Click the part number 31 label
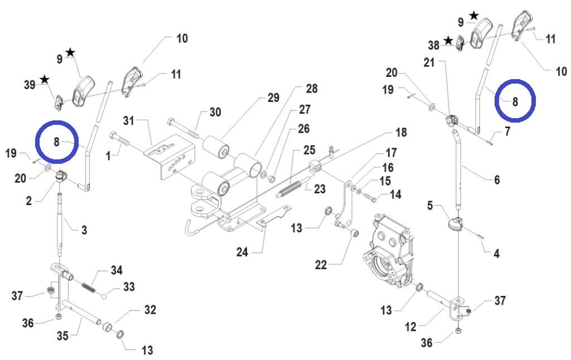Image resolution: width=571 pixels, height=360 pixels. tap(129, 120)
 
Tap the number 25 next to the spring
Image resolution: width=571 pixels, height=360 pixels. tap(309, 150)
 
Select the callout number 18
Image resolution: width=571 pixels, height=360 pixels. tap(400, 133)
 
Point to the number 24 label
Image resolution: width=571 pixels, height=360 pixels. tap(241, 252)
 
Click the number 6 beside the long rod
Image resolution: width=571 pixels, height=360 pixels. tap(496, 179)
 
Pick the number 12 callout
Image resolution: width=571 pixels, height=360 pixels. tap(410, 327)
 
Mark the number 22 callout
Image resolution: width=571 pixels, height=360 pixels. tap(321, 265)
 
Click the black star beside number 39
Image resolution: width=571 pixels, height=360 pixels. tap(44, 80)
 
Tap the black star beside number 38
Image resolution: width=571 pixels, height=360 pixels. tap(448, 41)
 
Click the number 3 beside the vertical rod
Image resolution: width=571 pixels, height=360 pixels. tap(84, 230)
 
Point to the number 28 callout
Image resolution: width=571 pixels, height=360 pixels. tap(311, 89)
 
